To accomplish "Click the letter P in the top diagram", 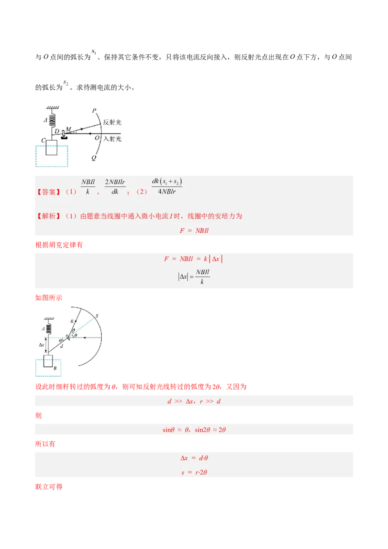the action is point(94,111).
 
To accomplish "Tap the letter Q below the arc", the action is point(94,158).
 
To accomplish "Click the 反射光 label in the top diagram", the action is point(112,122).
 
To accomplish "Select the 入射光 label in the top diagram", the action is point(112,139).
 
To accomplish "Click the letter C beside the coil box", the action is point(44,140).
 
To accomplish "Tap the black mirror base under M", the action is point(64,138).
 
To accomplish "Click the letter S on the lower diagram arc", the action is point(97,316).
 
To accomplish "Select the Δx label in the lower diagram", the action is point(41,345).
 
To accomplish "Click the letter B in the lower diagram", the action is point(55,368).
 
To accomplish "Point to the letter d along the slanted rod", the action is point(62,346).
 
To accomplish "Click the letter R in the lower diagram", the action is point(72,321).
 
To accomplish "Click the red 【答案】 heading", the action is point(48,192).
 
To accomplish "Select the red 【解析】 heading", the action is point(48,216).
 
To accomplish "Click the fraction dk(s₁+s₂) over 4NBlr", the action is point(167,186).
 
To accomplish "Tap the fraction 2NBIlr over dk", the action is point(115,187).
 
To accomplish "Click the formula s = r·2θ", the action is point(194,472).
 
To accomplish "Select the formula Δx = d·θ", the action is point(194,458).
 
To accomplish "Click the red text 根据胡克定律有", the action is point(59,245).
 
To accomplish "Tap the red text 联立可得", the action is point(48,486).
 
